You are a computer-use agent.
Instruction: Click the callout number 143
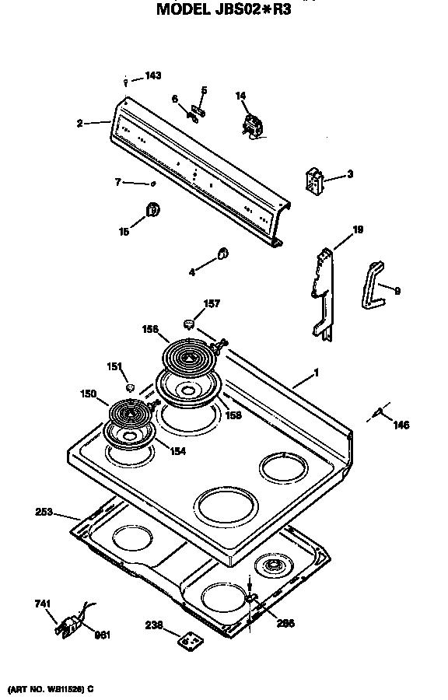153,76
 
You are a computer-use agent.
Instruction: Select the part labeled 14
253,124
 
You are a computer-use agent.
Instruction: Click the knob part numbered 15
153,209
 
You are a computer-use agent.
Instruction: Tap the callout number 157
211,303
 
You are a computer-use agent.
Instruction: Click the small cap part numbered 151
131,386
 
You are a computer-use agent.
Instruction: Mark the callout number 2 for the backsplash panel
80,122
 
